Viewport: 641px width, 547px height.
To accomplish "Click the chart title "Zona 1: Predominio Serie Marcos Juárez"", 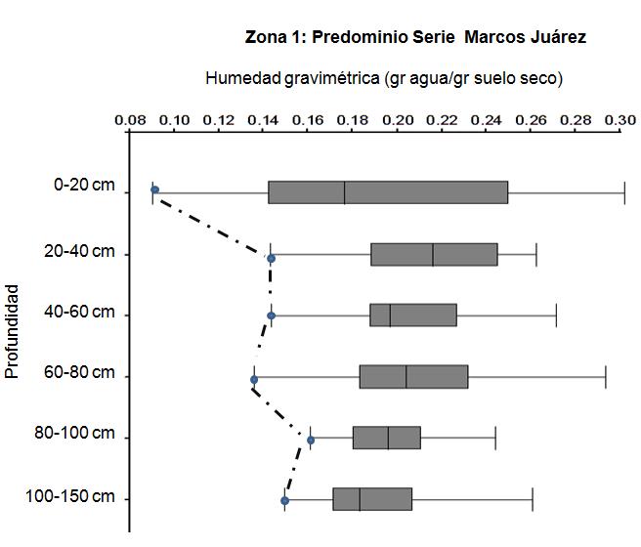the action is [x=415, y=37].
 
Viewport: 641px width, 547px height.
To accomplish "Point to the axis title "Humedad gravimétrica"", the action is [x=292, y=78].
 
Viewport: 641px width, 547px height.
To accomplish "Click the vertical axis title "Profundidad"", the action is [x=12, y=331].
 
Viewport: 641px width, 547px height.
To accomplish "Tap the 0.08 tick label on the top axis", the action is [x=130, y=120].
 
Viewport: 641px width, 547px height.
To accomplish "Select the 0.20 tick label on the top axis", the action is [x=398, y=120].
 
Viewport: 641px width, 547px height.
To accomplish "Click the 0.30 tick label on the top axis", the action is [x=620, y=120].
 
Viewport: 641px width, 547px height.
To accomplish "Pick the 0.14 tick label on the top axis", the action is [x=264, y=120].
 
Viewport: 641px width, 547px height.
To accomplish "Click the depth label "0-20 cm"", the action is [x=84, y=185].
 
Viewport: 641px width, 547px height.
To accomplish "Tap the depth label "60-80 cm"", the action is [x=79, y=372].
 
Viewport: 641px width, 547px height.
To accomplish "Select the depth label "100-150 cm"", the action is [x=70, y=496].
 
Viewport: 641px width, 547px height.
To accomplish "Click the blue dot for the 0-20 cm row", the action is [x=154, y=189].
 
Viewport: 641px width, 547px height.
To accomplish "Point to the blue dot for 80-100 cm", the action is [x=311, y=440].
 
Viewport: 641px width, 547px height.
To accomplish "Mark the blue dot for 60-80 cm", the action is [x=254, y=380].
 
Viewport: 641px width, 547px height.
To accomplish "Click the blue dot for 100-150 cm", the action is [x=285, y=500].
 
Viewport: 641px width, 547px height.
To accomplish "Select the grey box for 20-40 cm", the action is [x=434, y=255].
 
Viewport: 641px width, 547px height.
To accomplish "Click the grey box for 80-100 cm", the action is [x=387, y=438].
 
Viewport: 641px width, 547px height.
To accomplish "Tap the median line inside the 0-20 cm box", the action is [x=345, y=192].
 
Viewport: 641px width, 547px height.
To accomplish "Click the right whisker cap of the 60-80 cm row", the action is [x=606, y=377].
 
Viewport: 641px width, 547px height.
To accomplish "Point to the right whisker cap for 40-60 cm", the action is [x=556, y=316].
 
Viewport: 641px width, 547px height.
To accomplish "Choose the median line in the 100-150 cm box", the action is [x=360, y=499].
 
